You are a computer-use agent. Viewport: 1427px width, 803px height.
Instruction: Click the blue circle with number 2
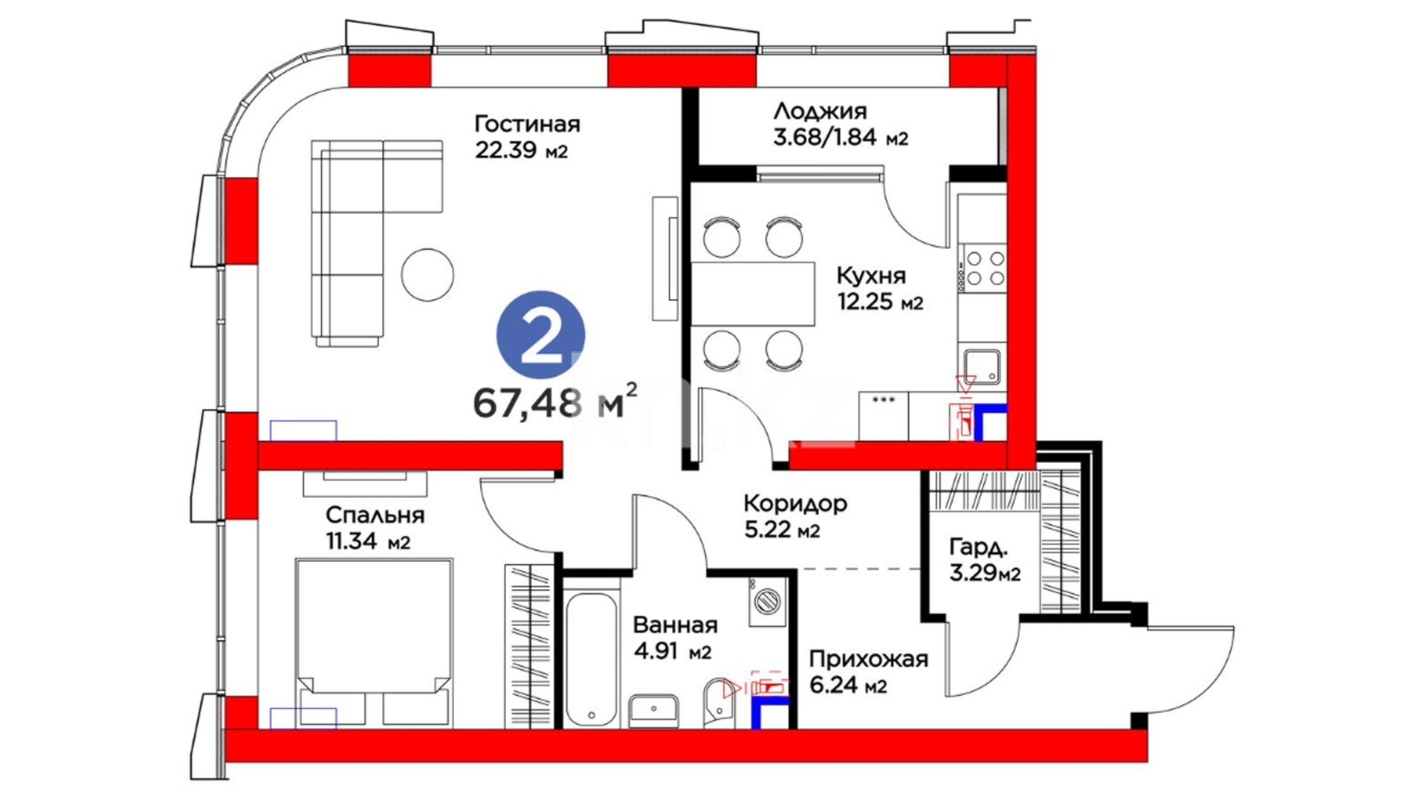[540, 335]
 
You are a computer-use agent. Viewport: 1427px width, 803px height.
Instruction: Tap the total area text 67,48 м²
[555, 402]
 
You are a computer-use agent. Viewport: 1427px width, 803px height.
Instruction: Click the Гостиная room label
[527, 123]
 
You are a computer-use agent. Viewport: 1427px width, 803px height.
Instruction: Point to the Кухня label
[871, 276]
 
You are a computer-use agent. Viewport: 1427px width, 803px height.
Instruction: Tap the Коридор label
[795, 504]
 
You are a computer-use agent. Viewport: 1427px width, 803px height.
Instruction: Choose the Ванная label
[676, 625]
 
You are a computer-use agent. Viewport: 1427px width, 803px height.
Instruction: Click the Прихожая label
[869, 659]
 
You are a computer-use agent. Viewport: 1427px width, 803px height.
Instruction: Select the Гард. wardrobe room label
[979, 549]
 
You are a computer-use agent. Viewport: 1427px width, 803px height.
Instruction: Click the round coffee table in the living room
[427, 274]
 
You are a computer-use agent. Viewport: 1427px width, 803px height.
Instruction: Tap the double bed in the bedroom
[374, 642]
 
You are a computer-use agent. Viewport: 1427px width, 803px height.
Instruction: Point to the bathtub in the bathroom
[591, 659]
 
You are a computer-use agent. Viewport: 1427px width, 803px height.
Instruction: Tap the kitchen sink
[983, 367]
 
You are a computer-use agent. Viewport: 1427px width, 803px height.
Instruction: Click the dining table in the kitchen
[753, 294]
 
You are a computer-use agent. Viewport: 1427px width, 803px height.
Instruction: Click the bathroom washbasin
[654, 711]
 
